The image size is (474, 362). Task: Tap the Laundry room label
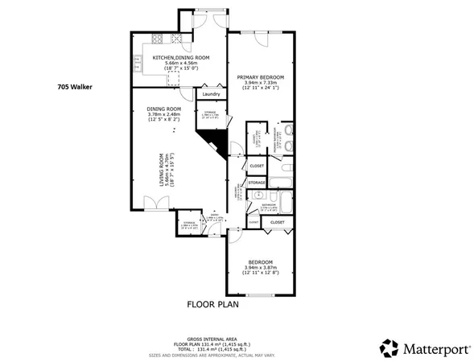click(x=211, y=93)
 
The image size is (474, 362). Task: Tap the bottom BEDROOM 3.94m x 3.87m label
click(x=259, y=266)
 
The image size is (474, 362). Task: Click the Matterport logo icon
click(x=389, y=347)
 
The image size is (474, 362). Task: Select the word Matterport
click(x=432, y=348)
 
